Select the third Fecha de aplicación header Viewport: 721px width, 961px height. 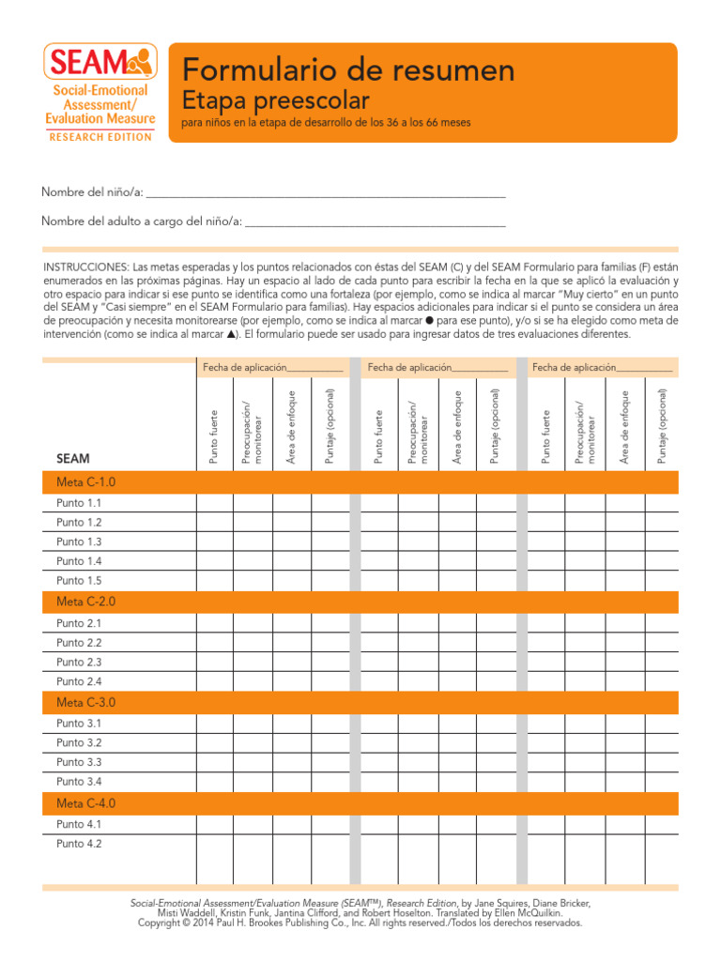click(x=602, y=368)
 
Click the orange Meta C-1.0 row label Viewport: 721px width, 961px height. click(x=85, y=482)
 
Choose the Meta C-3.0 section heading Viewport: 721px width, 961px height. click(x=85, y=703)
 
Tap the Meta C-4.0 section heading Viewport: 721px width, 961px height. click(x=85, y=803)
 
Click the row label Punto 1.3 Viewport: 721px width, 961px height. click(x=79, y=542)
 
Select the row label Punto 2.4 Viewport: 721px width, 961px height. click(x=79, y=681)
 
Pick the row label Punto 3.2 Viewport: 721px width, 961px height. click(x=79, y=742)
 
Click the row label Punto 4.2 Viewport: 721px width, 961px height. click(x=79, y=844)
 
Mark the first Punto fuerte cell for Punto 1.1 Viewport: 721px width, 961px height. click(x=214, y=503)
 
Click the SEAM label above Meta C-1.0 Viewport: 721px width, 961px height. click(x=72, y=459)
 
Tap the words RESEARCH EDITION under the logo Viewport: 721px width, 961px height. click(x=100, y=137)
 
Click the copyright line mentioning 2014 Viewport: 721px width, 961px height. click(x=360, y=923)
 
